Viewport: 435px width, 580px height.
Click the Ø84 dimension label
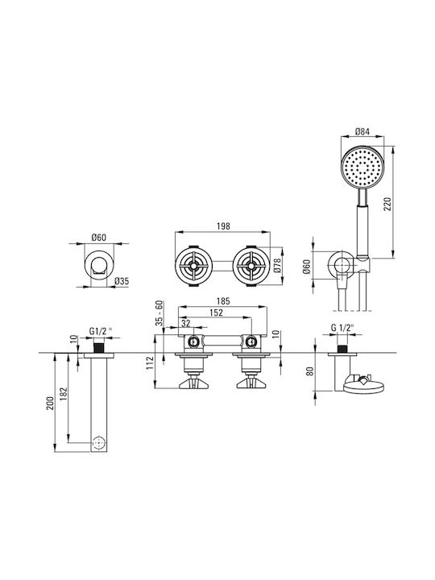coord(362,131)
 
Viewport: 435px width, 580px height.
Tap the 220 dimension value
coord(387,204)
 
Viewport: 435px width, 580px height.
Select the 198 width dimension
coord(223,226)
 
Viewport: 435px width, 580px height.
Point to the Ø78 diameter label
coord(278,266)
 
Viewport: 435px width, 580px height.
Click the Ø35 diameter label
coord(122,281)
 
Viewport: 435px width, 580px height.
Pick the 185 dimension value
coord(222,301)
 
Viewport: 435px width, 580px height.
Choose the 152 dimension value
coord(216,313)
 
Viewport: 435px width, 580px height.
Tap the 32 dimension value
coord(186,323)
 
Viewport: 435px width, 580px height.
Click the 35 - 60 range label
coord(159,313)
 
